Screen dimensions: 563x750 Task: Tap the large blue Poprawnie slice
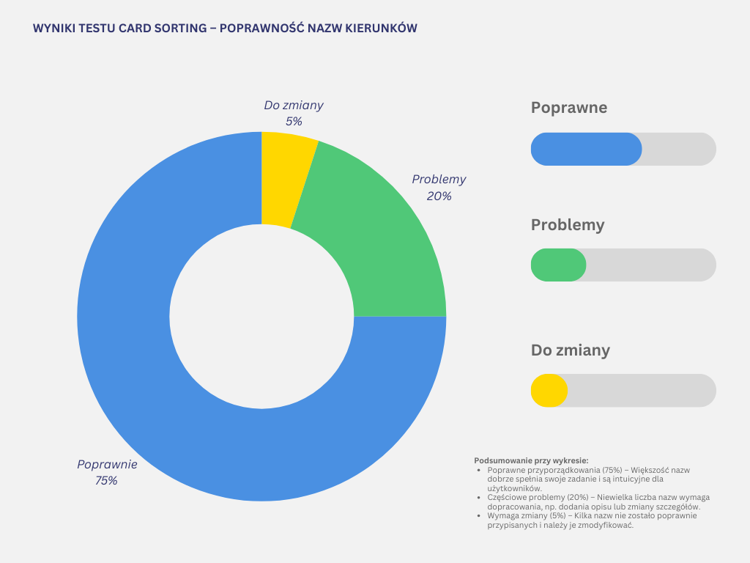click(x=183, y=411)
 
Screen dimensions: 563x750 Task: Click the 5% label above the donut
click(x=294, y=122)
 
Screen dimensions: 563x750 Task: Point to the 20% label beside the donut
click(x=439, y=196)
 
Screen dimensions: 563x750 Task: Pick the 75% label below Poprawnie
click(x=106, y=481)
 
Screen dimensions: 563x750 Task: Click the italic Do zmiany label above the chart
click(x=294, y=105)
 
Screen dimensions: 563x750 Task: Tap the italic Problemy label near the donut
click(x=439, y=179)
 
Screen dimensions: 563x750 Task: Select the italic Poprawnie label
click(x=107, y=464)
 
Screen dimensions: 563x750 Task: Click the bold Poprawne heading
click(x=569, y=108)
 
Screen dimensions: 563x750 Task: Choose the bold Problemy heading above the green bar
click(x=568, y=225)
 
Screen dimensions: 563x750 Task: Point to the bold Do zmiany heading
click(x=570, y=350)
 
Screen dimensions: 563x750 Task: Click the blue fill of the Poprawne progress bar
click(x=586, y=149)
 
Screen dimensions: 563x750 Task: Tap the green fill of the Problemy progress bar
click(x=558, y=265)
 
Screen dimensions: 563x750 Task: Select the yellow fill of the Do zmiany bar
click(x=549, y=391)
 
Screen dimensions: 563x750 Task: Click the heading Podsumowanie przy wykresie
click(x=531, y=460)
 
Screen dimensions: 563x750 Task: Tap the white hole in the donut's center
click(x=261, y=317)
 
